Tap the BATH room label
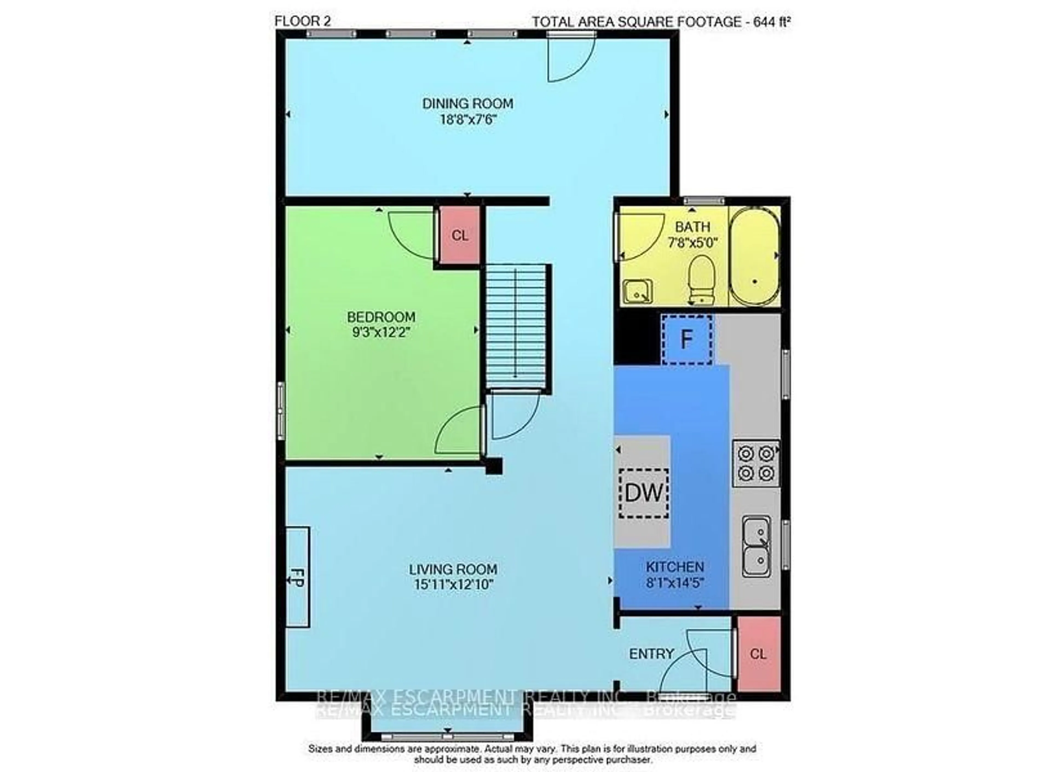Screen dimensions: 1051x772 tap(692, 227)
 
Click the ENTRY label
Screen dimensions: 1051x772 tap(652, 654)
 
